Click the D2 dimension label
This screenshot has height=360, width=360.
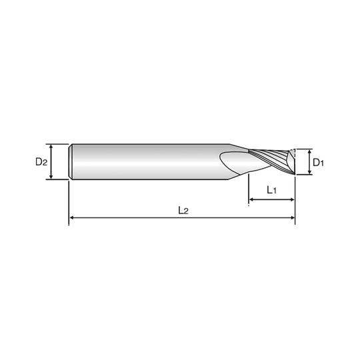click(x=41, y=161)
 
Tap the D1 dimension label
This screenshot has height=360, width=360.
click(x=319, y=162)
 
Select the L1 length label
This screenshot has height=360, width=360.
click(x=271, y=191)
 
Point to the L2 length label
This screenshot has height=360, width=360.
click(x=184, y=210)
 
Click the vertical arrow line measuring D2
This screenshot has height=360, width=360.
click(x=51, y=161)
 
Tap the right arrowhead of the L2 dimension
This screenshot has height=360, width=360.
click(x=290, y=218)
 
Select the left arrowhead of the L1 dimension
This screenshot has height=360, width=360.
click(x=251, y=199)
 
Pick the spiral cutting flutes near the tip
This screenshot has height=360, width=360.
click(x=270, y=161)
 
